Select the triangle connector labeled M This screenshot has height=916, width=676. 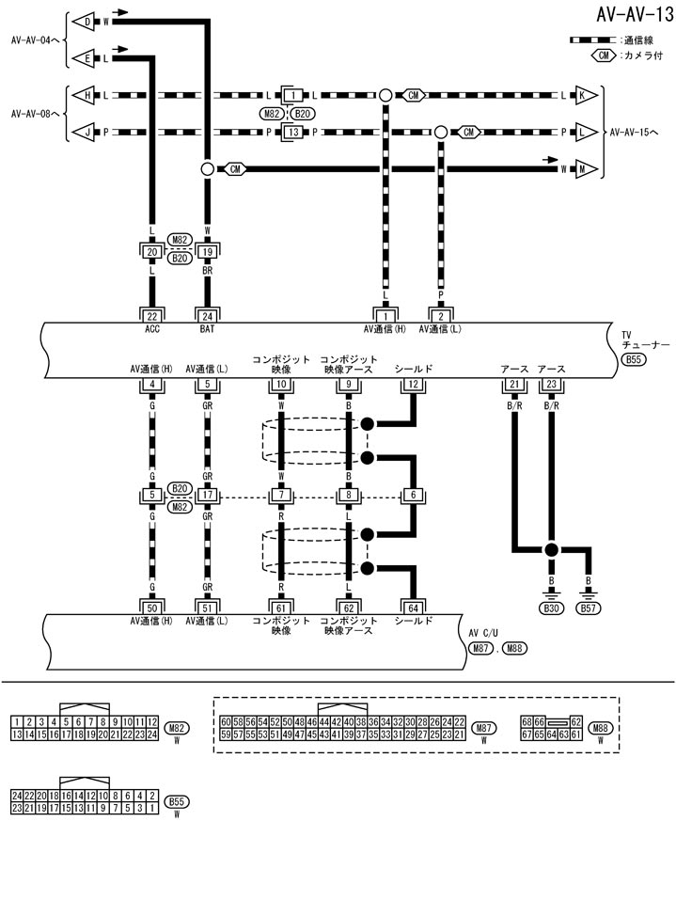point(588,169)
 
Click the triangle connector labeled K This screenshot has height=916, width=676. point(588,96)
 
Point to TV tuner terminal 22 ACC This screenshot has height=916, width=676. point(151,315)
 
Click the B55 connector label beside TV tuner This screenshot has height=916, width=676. point(633,359)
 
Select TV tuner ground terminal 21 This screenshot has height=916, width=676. point(514,384)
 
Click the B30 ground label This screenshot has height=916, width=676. point(551,609)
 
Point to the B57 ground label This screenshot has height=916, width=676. point(589,609)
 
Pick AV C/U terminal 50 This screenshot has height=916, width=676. point(151,608)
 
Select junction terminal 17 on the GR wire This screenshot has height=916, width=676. point(208,496)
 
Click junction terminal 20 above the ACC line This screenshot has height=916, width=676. point(151,252)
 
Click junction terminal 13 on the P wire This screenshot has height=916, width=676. point(294,133)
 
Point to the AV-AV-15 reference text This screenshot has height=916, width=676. point(641,133)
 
